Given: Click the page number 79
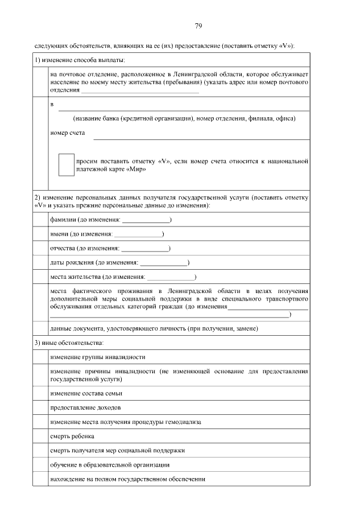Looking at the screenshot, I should [x=182, y=26].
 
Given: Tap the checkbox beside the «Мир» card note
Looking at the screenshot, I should [x=67, y=164].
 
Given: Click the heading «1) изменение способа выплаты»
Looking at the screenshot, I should [x=80, y=60].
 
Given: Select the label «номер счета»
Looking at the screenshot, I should [x=68, y=133].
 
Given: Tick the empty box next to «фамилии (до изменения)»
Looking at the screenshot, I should [x=40, y=220].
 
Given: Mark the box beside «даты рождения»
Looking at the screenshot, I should [x=40, y=263].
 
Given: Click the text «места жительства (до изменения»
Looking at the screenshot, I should [x=97, y=277].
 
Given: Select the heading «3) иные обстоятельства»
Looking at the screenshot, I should [x=69, y=343].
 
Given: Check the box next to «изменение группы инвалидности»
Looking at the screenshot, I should [x=40, y=357].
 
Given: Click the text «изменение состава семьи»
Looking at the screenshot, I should [x=86, y=393].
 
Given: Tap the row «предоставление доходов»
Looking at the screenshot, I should [x=85, y=408].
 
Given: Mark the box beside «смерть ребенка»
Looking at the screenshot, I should [x=40, y=436].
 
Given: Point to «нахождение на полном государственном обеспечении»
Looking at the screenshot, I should [x=127, y=479].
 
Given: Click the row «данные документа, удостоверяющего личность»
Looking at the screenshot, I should [x=154, y=328].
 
